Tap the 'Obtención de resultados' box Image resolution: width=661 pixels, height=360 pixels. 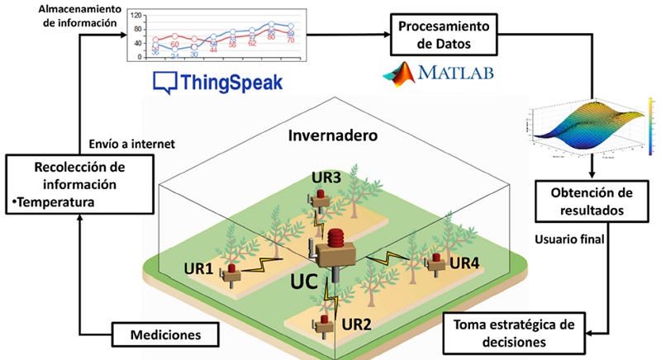[592, 201]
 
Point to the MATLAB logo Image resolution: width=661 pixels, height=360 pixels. [438, 75]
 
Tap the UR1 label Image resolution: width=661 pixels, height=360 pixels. [198, 268]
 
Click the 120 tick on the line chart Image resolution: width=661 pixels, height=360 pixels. [135, 15]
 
